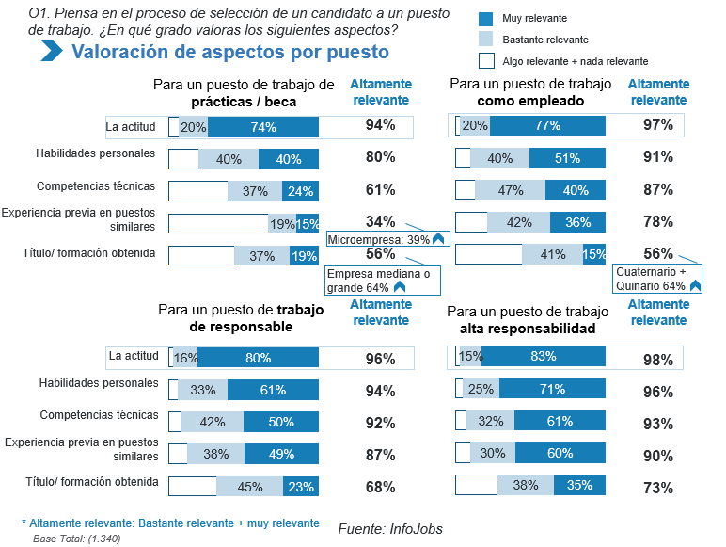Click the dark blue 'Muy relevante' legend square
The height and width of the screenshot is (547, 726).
[486, 19]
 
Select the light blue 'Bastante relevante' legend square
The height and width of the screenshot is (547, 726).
[486, 40]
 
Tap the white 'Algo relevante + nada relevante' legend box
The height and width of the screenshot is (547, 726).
[486, 61]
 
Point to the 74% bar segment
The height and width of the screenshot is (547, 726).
[263, 127]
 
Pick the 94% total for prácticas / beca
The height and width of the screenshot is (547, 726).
[380, 125]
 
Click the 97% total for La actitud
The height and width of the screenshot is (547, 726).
[657, 125]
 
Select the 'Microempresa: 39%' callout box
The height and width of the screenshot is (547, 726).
[386, 239]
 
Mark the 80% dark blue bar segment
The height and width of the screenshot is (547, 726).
[258, 358]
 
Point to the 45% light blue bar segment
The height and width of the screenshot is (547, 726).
[250, 487]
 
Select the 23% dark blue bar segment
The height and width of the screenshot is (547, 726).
[301, 487]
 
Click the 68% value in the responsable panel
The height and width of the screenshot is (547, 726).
[380, 487]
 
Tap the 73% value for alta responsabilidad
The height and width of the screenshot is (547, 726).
[658, 488]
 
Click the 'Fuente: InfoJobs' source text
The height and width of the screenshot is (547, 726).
[389, 529]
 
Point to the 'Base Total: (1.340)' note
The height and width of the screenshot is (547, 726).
[76, 539]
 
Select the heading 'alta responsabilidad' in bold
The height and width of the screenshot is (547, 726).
[528, 330]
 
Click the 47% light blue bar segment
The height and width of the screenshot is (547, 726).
[511, 190]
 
